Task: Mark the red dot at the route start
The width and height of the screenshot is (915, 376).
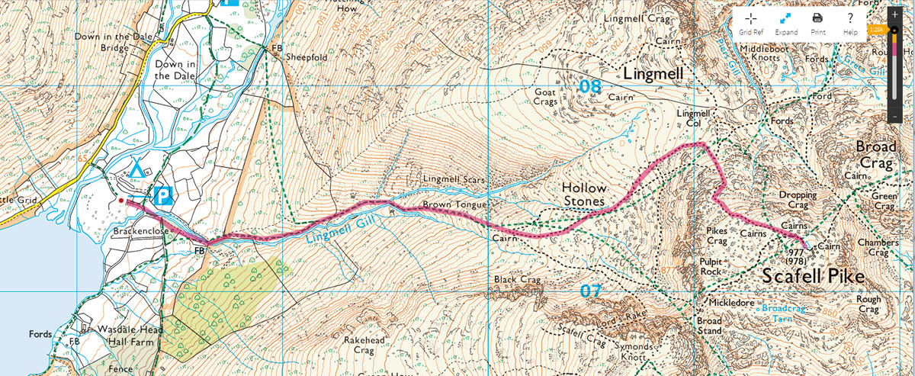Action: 120,201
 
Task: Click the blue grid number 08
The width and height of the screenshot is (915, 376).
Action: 589,86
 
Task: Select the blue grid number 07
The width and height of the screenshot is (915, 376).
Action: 590,291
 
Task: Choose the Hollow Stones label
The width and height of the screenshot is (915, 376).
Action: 584,194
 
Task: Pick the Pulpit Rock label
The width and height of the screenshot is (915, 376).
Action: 711,266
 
